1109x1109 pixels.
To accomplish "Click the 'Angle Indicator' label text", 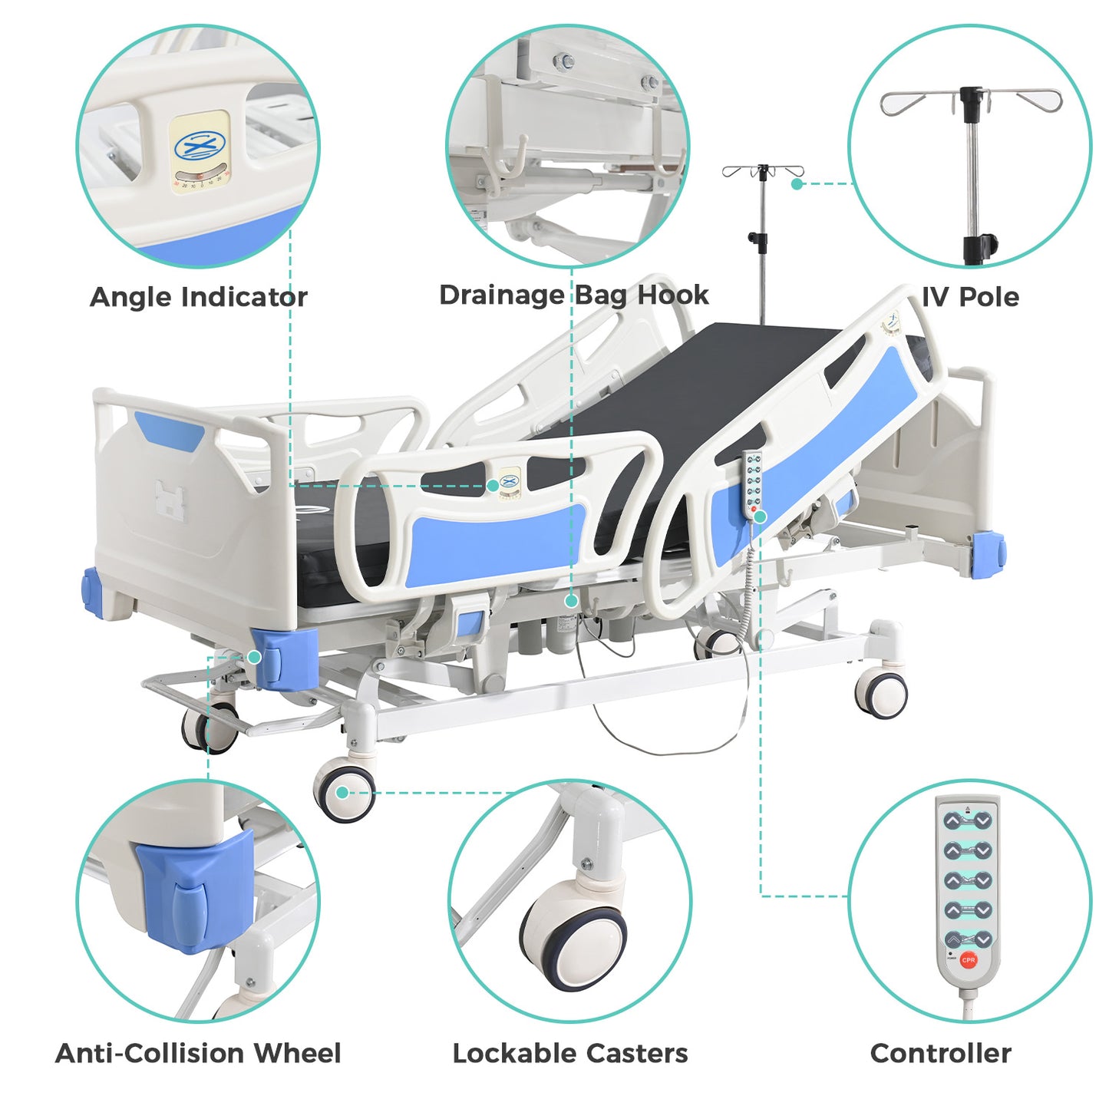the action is [199, 298].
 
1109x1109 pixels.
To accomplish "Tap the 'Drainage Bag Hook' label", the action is [574, 295].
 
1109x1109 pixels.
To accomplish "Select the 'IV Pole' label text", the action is [970, 297].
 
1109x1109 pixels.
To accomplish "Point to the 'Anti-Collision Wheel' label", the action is [198, 1053].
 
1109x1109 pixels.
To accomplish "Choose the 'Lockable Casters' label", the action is [570, 1053].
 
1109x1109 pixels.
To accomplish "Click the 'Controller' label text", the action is [940, 1053].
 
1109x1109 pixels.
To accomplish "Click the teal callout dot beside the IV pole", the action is [797, 184].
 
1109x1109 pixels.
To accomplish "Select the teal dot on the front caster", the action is [342, 793].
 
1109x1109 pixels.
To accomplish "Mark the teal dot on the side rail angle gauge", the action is [493, 486].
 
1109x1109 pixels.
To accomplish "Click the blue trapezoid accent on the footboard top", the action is [169, 429].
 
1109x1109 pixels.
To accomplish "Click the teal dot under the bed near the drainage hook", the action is [572, 601].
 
